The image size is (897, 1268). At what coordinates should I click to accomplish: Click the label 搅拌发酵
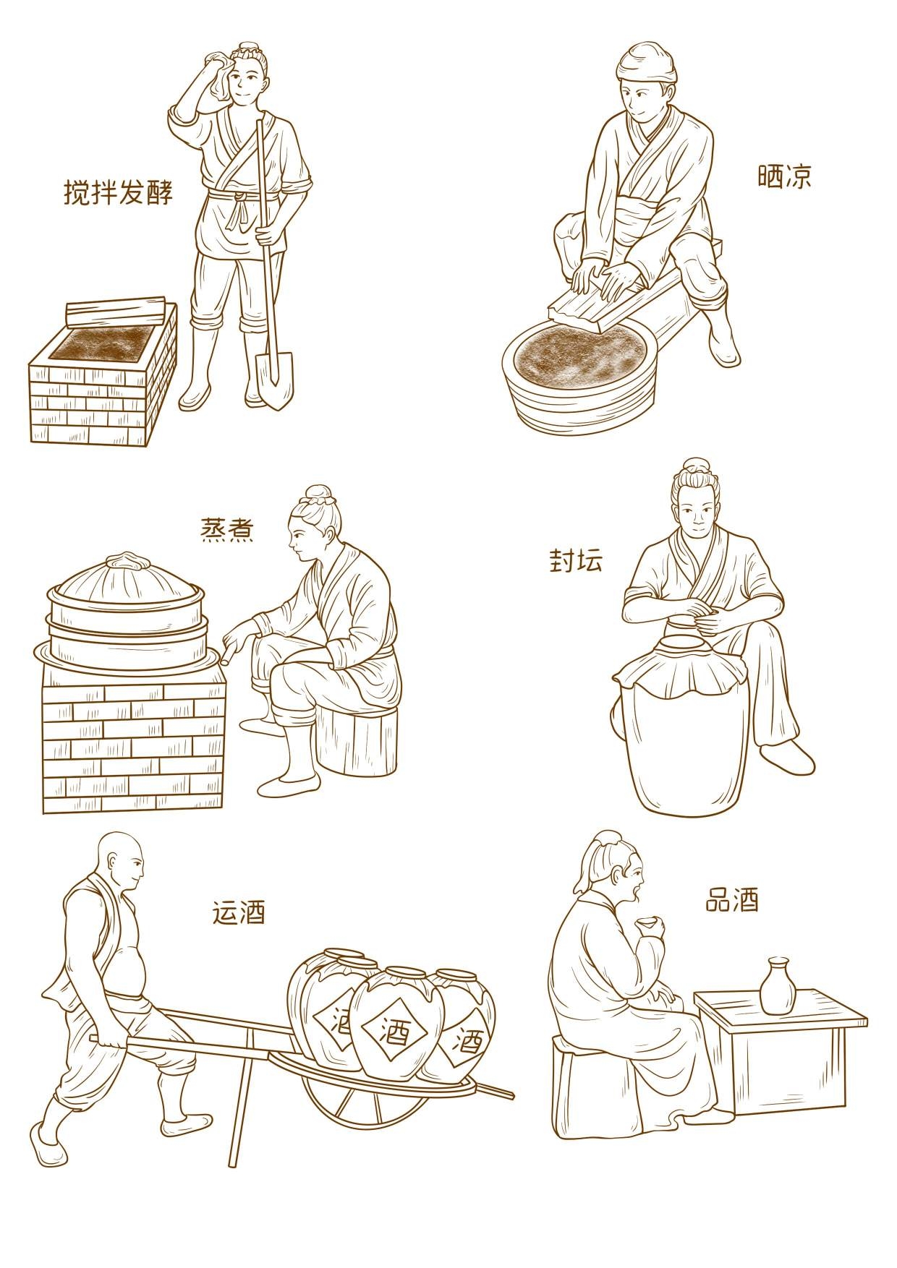(x=119, y=192)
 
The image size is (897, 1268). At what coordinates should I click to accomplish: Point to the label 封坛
(x=576, y=560)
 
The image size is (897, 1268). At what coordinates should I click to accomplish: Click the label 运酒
(x=239, y=912)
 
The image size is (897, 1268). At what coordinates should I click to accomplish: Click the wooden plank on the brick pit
(x=116, y=311)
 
